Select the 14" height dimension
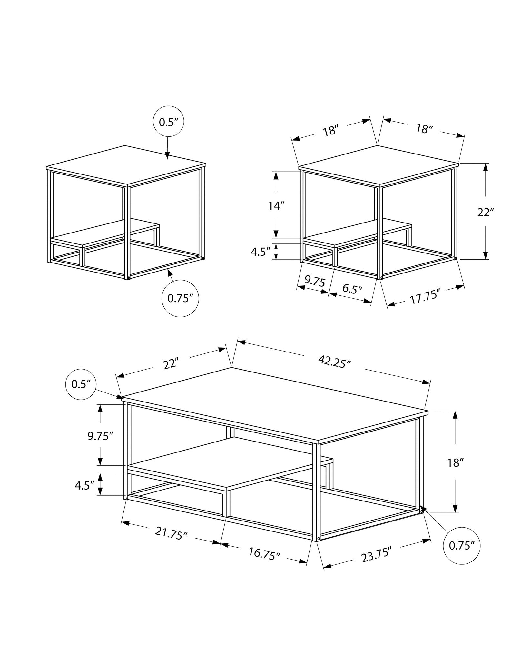(x=277, y=206)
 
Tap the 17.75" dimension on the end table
(x=425, y=297)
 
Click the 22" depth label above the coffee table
(x=171, y=364)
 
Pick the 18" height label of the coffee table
(x=455, y=463)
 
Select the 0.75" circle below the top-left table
(x=180, y=299)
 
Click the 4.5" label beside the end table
(x=261, y=252)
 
